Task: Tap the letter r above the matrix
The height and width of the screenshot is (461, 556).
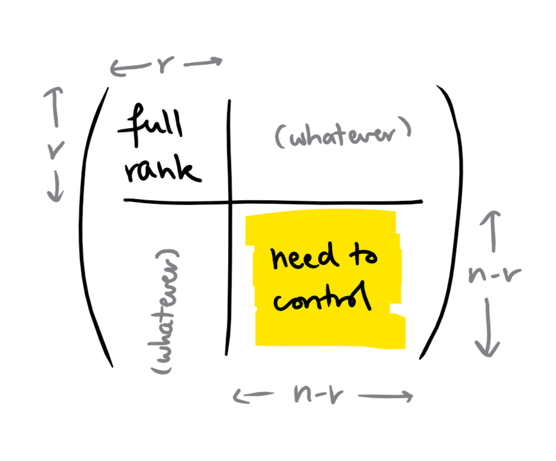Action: (x=164, y=66)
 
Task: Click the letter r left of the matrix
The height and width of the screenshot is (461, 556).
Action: (x=55, y=149)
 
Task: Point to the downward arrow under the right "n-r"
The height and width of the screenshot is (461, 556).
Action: (x=487, y=326)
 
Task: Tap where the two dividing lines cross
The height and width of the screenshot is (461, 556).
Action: (x=230, y=201)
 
